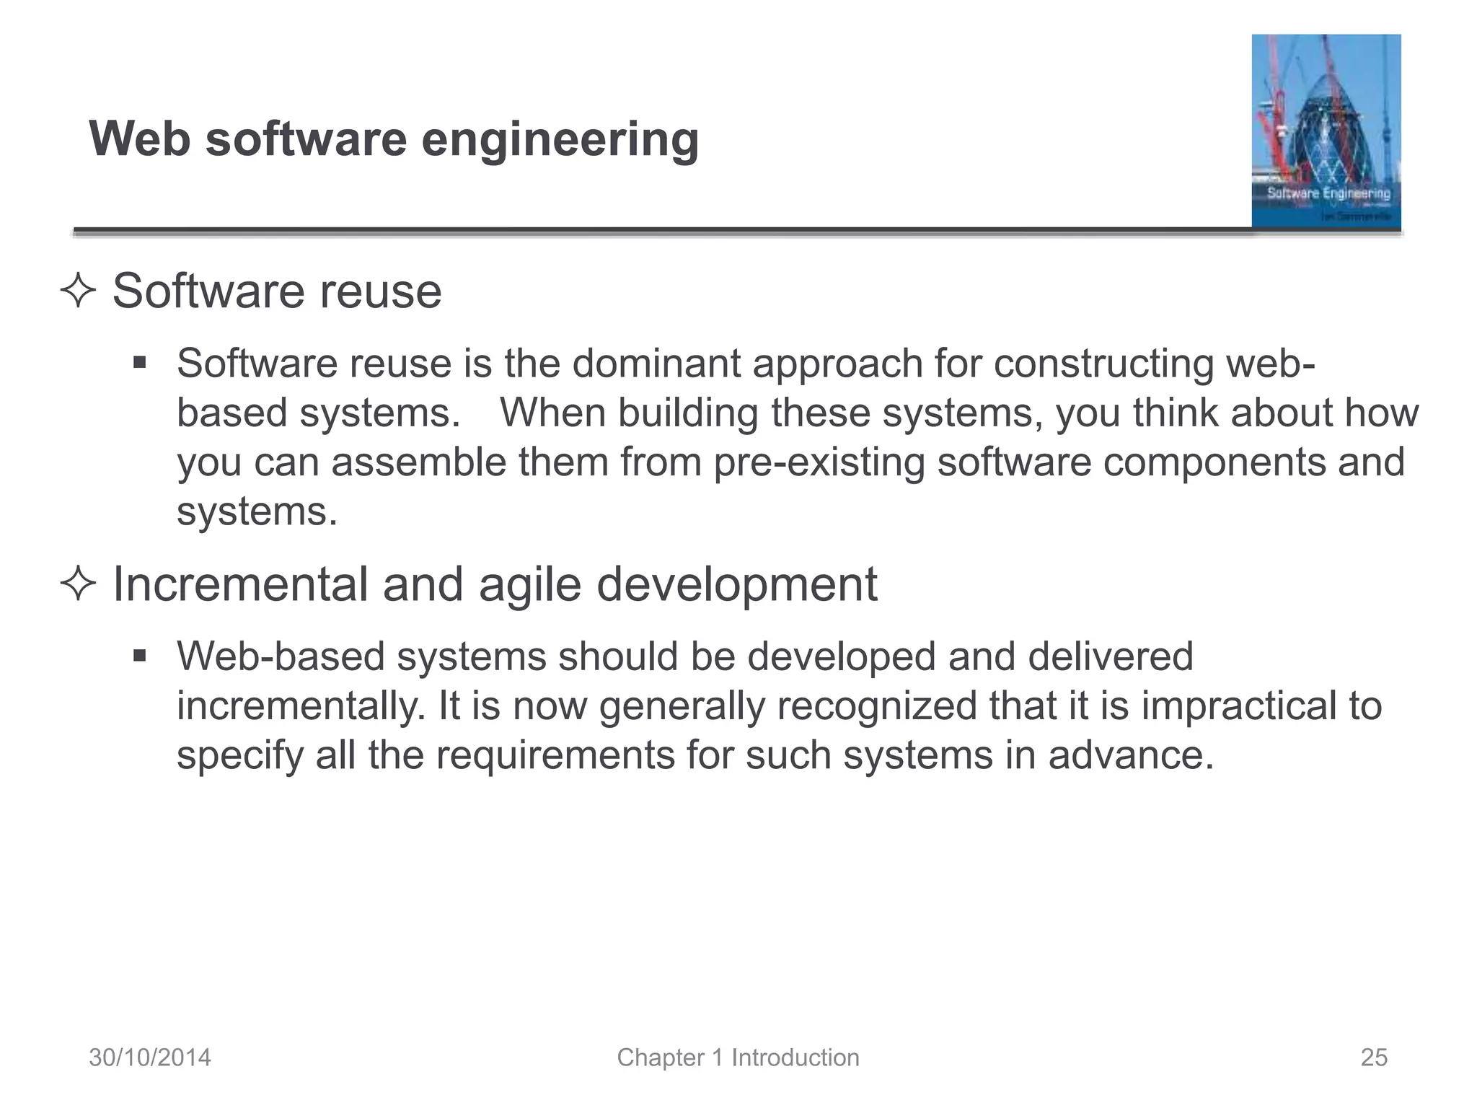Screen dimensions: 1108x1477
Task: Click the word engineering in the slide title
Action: click(560, 140)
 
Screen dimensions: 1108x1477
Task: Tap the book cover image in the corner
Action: click(1326, 131)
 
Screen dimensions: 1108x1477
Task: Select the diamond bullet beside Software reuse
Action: click(78, 292)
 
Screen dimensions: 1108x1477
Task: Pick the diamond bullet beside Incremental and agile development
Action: click(78, 584)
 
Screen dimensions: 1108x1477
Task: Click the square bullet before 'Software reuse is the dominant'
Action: click(140, 361)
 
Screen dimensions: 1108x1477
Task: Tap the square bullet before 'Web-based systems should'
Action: click(140, 656)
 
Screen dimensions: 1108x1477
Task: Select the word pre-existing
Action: click(819, 462)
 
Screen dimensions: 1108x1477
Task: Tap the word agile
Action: click(529, 586)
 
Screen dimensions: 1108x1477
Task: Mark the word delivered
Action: click(1111, 656)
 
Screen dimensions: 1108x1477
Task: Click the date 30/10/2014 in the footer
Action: click(150, 1058)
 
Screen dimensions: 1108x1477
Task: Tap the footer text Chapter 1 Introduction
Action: click(738, 1058)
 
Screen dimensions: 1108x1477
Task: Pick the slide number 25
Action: click(1374, 1058)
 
